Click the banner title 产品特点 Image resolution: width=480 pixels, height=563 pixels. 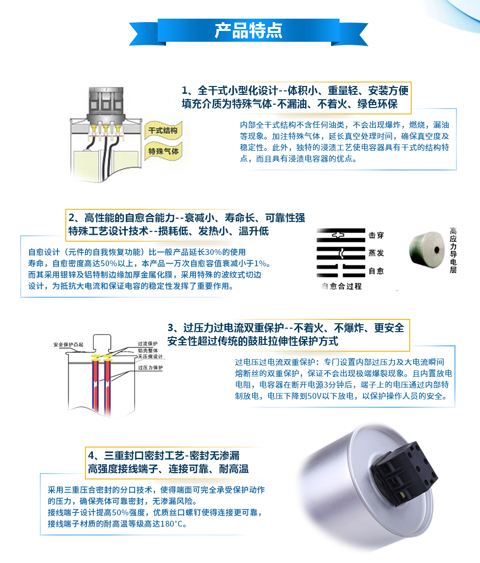tap(249, 30)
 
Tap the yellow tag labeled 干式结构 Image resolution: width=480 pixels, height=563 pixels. tap(163, 130)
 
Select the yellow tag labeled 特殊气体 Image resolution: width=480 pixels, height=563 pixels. tap(163, 151)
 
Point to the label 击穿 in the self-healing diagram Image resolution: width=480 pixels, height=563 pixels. tap(376, 235)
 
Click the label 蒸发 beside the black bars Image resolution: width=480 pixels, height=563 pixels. tap(376, 253)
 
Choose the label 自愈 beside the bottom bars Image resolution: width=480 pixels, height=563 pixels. tap(376, 271)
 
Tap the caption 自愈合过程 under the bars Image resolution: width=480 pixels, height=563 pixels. tap(342, 286)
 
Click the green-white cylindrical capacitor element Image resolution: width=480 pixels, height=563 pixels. tap(427, 250)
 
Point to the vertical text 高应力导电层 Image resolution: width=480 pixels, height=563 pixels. tap(453, 250)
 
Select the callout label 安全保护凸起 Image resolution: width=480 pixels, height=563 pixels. tap(68, 345)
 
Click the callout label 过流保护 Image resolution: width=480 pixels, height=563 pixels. tap(147, 343)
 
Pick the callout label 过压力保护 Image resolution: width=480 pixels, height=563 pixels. tap(150, 367)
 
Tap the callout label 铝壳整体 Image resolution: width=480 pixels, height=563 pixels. tap(147, 350)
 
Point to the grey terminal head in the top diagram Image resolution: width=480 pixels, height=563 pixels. tap(106, 104)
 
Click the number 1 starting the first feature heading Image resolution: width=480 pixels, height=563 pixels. tap(185, 90)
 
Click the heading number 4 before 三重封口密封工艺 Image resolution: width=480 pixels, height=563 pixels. tap(91, 455)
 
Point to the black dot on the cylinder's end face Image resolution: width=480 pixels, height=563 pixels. tap(437, 250)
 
